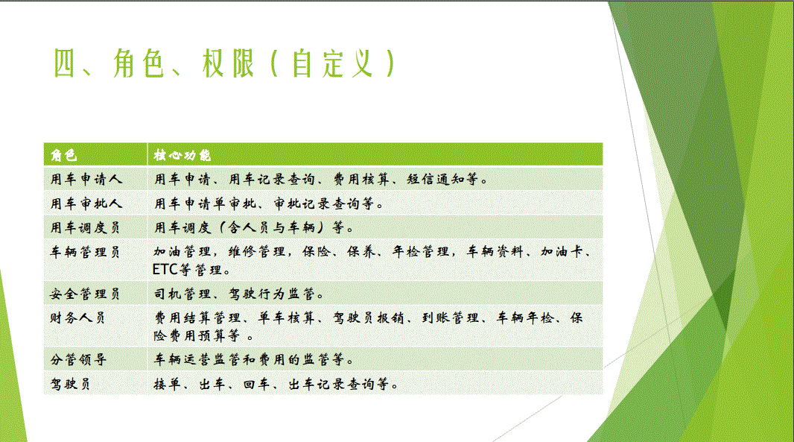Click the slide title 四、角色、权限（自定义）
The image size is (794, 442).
click(225, 63)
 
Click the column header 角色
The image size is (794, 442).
click(64, 154)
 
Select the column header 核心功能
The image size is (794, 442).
click(182, 154)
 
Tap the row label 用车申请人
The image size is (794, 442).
click(86, 179)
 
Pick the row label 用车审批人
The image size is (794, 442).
click(86, 203)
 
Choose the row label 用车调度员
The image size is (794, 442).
click(85, 227)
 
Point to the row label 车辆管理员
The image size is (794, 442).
click(85, 252)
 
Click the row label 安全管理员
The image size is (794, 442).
click(85, 294)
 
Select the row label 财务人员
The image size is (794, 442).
click(77, 318)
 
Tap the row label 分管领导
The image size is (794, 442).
click(78, 360)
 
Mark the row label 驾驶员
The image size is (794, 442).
click(70, 384)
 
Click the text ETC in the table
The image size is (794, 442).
click(165, 270)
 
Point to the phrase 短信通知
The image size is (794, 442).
click(436, 179)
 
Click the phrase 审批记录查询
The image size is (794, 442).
click(317, 203)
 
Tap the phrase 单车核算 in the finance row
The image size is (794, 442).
click(287, 318)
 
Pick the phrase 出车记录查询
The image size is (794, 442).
click(332, 384)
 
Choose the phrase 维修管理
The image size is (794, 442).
click(257, 252)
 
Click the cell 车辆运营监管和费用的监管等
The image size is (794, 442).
click(253, 360)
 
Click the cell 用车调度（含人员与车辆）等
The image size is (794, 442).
click(254, 227)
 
